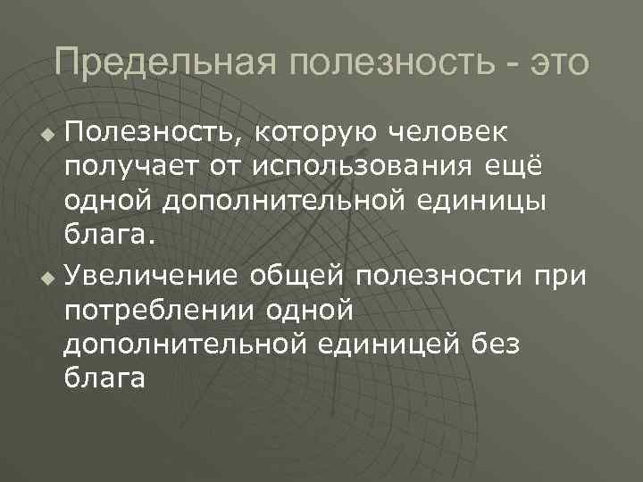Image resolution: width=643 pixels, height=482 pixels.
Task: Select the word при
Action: point(563,278)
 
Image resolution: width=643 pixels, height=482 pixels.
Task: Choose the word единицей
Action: point(403,345)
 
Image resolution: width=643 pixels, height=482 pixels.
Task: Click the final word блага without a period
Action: point(104,378)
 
